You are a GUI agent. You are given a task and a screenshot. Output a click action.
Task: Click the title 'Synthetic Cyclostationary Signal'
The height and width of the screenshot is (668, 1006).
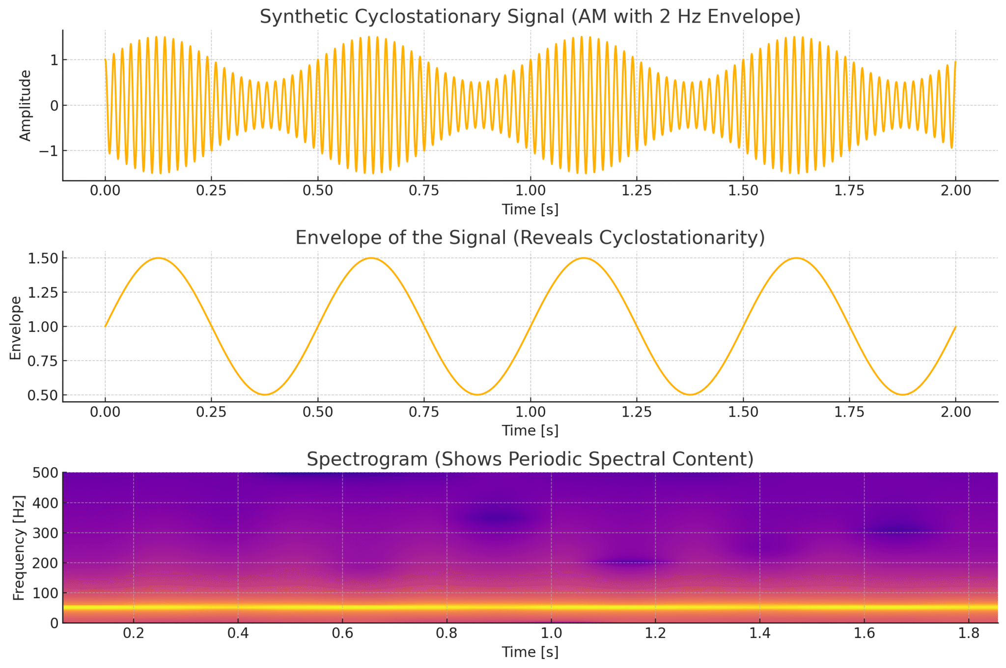pos(530,17)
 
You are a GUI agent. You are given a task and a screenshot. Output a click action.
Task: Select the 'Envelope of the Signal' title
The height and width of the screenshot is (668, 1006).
pos(530,238)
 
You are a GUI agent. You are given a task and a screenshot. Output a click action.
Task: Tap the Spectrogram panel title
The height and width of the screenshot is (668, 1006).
pos(530,459)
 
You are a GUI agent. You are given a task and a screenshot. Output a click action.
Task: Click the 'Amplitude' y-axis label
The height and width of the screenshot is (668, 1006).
pos(25,106)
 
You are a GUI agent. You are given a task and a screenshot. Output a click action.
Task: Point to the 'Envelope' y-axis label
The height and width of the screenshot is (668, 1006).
pos(16,328)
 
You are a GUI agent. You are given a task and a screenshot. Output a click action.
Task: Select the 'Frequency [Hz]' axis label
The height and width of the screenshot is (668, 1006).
pos(19,548)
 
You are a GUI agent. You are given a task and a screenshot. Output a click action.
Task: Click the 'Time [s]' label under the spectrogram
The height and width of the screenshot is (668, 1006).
pos(530,652)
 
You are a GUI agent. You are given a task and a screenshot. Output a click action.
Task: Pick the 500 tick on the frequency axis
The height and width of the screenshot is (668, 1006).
pos(45,473)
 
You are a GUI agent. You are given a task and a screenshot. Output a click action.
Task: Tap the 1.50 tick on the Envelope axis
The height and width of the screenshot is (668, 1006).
pos(43,258)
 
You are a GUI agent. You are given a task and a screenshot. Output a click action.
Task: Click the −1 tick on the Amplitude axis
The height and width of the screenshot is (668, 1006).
pos(48,151)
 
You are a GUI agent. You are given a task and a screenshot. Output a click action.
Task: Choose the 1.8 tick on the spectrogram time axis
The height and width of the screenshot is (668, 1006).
pos(969,633)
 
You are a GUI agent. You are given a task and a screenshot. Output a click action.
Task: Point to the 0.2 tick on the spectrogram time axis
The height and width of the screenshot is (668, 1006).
pos(134,633)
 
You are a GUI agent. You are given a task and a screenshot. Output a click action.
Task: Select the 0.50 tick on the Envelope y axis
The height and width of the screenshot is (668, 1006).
pos(43,395)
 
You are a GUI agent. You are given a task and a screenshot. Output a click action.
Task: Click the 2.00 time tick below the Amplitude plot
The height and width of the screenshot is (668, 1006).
pos(955,191)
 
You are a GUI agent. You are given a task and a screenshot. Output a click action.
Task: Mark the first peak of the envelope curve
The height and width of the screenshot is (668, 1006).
pos(158,258)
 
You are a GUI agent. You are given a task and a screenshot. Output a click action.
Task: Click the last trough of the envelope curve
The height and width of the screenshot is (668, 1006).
pos(902,394)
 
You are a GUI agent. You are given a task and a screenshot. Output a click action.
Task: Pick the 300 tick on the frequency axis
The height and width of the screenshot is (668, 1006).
pos(45,533)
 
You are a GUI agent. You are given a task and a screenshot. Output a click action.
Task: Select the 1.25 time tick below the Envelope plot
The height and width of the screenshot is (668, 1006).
pos(637,412)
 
